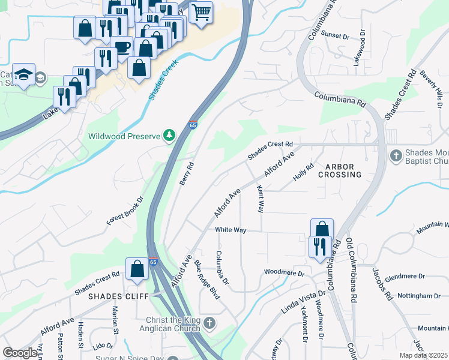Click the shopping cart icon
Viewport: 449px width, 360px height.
point(201,11)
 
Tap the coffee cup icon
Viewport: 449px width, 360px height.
point(122,47)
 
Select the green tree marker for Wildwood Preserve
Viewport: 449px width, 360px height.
point(170,136)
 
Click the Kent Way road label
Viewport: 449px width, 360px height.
point(261,199)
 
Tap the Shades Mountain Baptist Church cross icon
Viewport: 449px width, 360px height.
point(396,156)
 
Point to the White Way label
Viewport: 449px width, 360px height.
point(231,230)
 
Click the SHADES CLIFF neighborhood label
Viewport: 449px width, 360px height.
point(114,296)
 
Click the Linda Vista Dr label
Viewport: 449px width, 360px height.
point(303,302)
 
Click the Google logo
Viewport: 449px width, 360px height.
point(21,353)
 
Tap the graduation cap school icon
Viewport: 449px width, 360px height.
point(23,74)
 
